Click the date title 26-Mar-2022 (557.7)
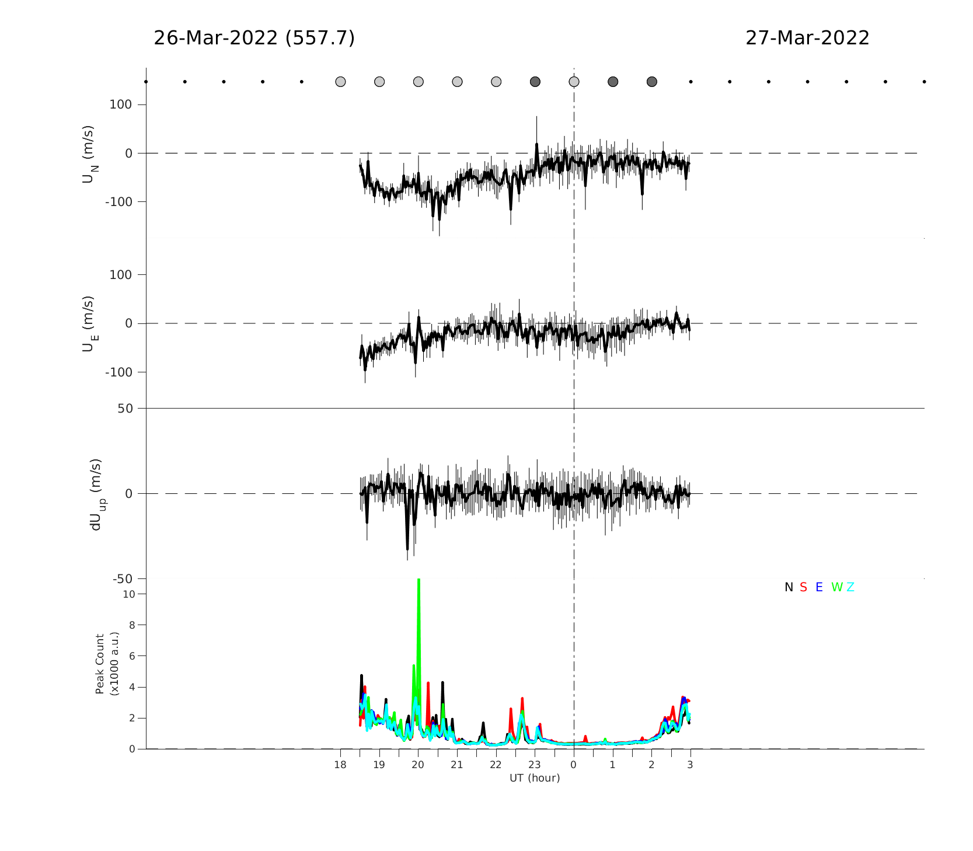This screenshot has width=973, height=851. point(254,38)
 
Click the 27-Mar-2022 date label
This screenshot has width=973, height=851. point(807,38)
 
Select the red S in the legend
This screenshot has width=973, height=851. point(804,587)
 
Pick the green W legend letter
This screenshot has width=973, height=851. point(837,587)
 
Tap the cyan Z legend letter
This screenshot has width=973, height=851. point(850,587)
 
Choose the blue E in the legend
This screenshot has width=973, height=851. point(819,587)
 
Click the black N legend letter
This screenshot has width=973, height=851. point(789,587)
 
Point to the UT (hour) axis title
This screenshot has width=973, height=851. point(535,778)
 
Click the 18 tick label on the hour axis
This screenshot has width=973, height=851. point(340,765)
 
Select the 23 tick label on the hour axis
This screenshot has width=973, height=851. point(535,765)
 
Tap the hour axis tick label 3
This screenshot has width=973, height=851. point(690,765)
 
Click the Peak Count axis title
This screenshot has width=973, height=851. point(107,664)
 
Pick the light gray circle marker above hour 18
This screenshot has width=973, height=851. point(340,82)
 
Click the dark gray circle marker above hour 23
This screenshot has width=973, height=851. point(535,82)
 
